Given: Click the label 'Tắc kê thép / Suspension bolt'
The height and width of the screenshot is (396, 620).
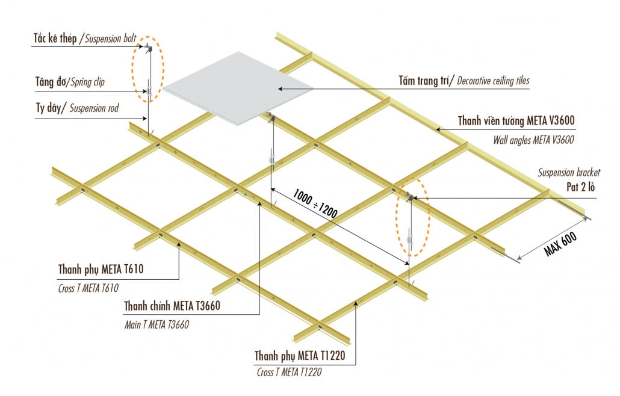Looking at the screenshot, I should tap(75, 39).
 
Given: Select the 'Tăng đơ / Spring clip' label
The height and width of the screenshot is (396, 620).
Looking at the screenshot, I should tap(69, 81).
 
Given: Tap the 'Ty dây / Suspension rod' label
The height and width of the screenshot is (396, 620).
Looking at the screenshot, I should tap(77, 108).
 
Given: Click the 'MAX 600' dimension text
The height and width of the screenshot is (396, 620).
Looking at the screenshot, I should tap(561, 244).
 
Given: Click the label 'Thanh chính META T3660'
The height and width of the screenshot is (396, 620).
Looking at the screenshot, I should tap(172, 306).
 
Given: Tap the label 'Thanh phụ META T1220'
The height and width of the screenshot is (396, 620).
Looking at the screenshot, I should tap(300, 356).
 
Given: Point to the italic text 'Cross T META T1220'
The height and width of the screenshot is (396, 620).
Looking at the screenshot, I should tap(289, 372).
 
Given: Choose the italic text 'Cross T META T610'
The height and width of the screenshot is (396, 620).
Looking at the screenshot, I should tap(88, 288).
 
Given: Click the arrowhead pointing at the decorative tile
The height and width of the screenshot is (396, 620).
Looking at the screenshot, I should tap(281, 89).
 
